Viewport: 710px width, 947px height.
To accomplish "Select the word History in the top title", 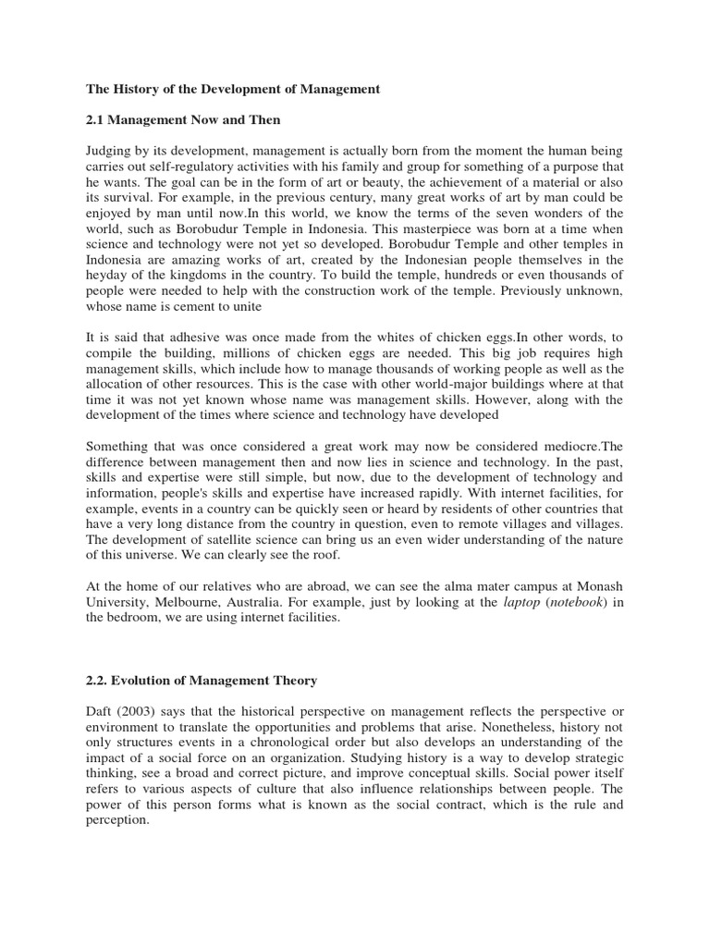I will [x=138, y=90].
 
